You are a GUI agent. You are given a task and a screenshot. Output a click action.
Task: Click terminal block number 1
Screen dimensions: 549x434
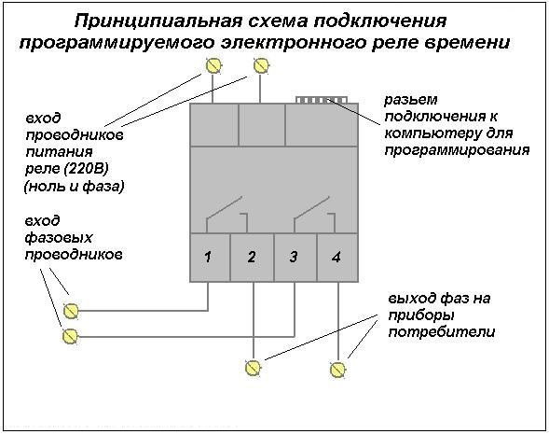click(210, 258)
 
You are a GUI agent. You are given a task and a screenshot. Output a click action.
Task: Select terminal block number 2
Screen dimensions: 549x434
click(252, 258)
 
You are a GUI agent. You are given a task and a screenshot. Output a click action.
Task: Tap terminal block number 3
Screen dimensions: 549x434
click(295, 258)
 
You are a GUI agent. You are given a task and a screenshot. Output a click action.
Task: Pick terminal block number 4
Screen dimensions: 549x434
click(337, 258)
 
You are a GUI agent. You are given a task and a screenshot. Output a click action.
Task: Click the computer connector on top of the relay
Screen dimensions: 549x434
click(321, 100)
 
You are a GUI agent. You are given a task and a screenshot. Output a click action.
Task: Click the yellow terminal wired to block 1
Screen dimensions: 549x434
click(71, 311)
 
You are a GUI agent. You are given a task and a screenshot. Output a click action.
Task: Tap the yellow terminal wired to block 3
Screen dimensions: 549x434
click(70, 336)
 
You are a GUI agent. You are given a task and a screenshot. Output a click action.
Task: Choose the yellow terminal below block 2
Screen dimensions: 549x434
click(253, 368)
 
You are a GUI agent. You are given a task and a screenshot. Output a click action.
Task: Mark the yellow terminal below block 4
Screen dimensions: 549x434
click(337, 370)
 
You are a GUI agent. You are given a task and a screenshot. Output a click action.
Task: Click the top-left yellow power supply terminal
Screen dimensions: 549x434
click(213, 65)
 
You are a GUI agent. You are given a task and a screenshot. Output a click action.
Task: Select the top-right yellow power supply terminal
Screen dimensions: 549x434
click(261, 65)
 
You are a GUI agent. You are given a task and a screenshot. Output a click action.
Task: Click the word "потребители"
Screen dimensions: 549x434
click(442, 332)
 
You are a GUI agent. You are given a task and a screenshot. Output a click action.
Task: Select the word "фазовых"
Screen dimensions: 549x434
click(59, 238)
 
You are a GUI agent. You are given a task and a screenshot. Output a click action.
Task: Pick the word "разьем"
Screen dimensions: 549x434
click(411, 101)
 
